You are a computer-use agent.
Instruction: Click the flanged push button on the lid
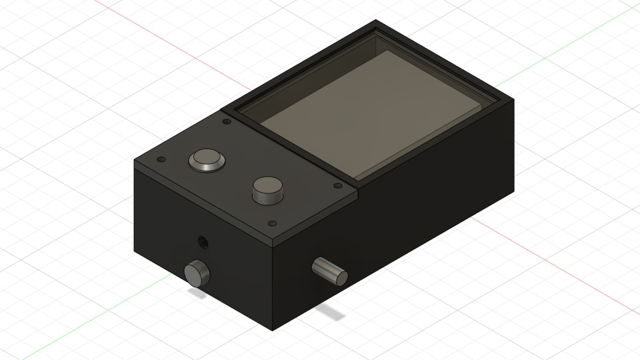207,160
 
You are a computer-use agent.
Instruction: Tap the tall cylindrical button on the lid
268,189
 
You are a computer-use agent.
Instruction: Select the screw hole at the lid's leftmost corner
161,160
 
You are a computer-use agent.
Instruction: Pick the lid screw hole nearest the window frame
227,121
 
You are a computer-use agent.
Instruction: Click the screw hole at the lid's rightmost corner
338,186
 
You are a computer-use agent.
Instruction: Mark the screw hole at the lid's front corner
273,224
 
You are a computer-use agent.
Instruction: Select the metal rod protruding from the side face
330,271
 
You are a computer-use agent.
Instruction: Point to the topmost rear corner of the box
376,20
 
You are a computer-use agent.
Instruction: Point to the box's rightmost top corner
514,99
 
